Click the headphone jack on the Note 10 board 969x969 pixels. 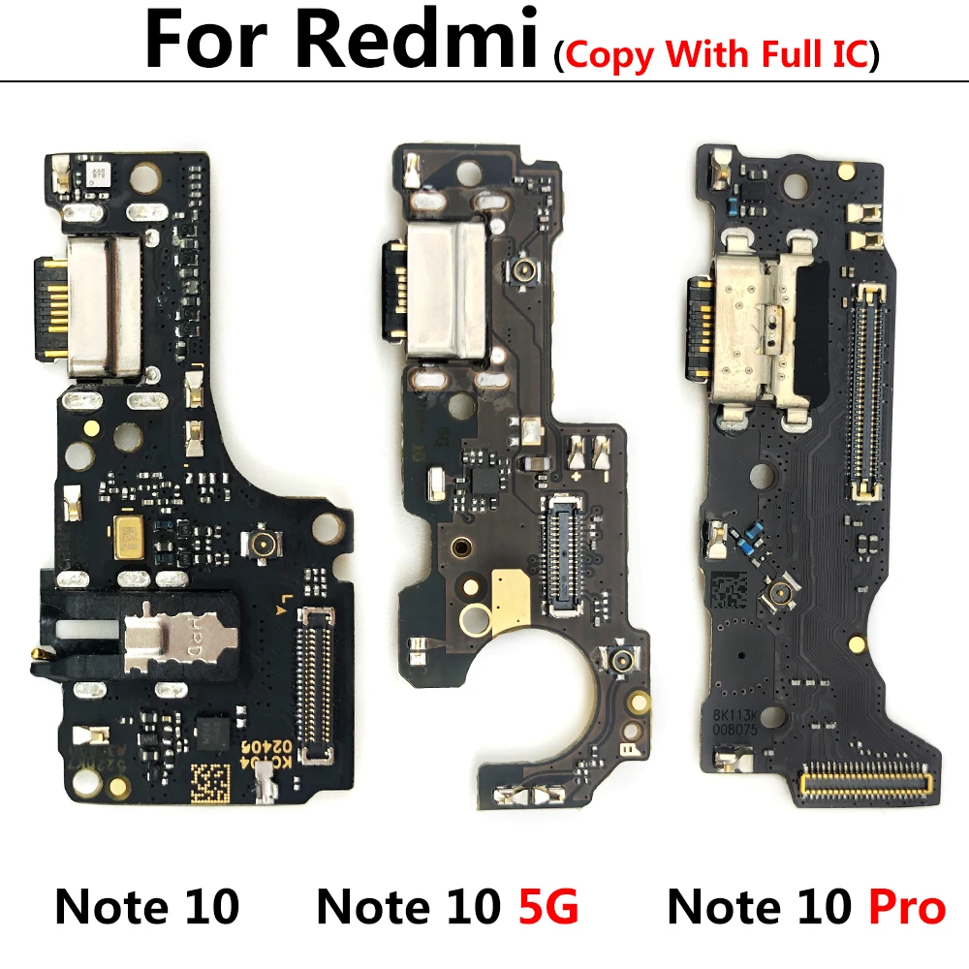(x=155, y=643)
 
